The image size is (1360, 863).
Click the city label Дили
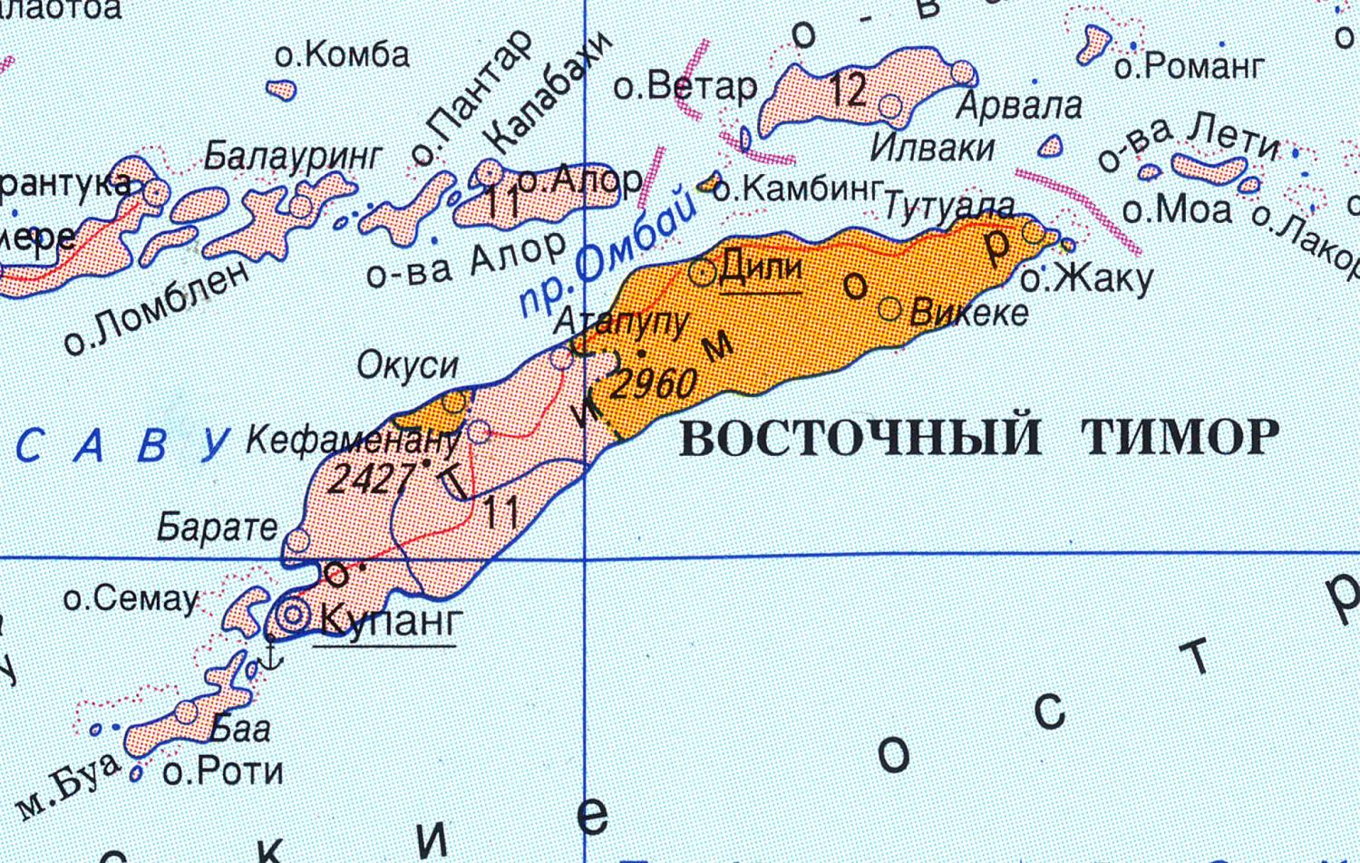tap(761, 269)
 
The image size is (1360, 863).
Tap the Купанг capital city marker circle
tap(294, 616)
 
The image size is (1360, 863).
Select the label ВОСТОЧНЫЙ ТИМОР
tap(979, 438)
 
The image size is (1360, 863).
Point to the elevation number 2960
tap(654, 383)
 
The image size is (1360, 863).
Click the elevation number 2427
tap(369, 478)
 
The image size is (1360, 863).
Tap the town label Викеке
tap(968, 313)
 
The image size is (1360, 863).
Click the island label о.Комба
tap(342, 55)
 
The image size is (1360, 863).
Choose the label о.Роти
tap(223, 771)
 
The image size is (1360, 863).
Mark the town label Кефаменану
tap(353, 441)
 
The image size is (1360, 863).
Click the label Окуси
tap(408, 365)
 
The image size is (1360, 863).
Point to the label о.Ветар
tap(685, 87)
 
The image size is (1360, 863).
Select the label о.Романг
tap(1189, 66)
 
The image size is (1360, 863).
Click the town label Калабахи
tap(548, 92)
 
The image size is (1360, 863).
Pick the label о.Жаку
tap(1086, 279)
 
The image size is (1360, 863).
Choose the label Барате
tap(218, 527)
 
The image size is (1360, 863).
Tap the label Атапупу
tap(622, 322)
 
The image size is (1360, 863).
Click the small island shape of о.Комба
tap(282, 90)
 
